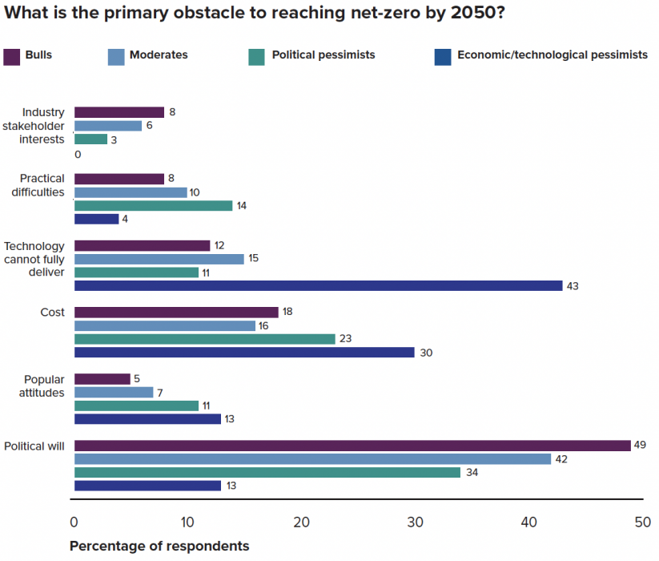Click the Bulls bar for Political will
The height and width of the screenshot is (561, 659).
[x=352, y=446]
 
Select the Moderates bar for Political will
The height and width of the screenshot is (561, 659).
[x=312, y=459]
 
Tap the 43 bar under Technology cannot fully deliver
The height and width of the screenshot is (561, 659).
[x=318, y=286]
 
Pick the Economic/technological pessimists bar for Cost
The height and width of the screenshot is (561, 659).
[x=244, y=353]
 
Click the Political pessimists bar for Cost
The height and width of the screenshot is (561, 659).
[x=204, y=339]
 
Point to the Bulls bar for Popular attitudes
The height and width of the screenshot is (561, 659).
[x=102, y=379]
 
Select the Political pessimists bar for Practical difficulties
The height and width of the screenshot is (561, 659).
[x=153, y=206]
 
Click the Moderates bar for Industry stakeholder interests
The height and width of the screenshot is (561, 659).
[x=108, y=126]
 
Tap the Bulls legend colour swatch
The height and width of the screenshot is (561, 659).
[x=12, y=56]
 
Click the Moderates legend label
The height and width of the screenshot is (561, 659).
[x=159, y=55]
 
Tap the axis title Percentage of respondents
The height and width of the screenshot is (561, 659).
[x=159, y=547]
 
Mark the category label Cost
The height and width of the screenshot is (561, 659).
[x=52, y=313]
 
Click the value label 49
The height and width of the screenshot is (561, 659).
[x=640, y=446]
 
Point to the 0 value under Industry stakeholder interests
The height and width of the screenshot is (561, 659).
[x=78, y=154]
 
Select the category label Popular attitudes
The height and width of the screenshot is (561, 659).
[x=44, y=386]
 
